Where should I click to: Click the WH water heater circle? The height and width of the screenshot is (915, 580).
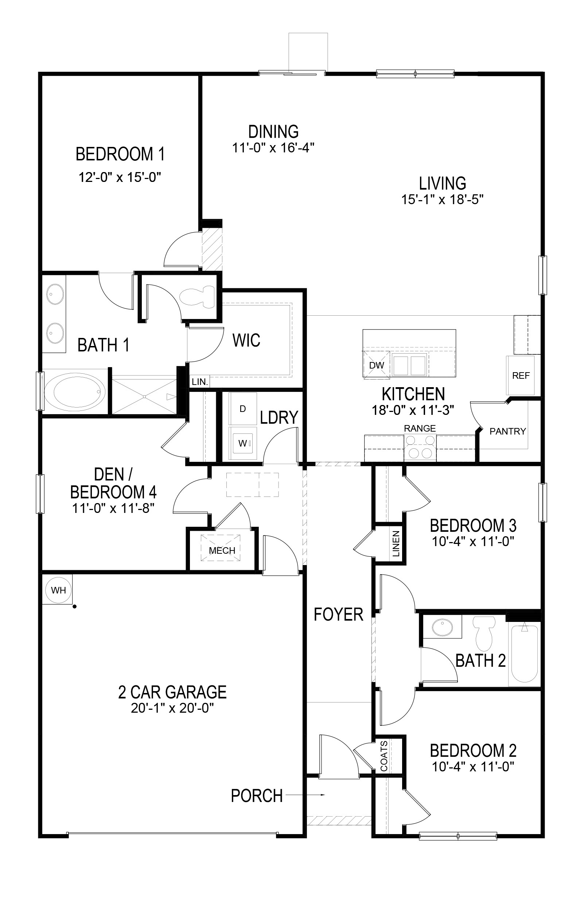coord(59,590)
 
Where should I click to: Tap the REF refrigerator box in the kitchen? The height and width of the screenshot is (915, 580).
coord(520,375)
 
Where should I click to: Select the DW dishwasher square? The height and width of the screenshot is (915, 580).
coord(376,365)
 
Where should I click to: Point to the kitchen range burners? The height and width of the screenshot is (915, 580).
coord(420,447)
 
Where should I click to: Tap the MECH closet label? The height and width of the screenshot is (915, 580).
coord(222,550)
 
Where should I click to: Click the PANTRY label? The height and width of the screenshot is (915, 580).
coord(507,431)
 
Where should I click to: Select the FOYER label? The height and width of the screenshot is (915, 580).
coord(338,614)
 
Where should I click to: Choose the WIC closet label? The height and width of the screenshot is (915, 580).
coord(246,340)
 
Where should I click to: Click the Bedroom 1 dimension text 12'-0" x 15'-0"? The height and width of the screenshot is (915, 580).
coord(120,177)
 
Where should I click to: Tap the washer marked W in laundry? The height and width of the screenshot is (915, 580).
coord(243,443)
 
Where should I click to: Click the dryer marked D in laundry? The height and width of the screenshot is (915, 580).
coord(242,409)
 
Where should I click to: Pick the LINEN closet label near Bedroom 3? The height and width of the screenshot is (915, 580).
coord(396,544)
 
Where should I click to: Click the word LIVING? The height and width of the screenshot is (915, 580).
coord(443,183)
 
